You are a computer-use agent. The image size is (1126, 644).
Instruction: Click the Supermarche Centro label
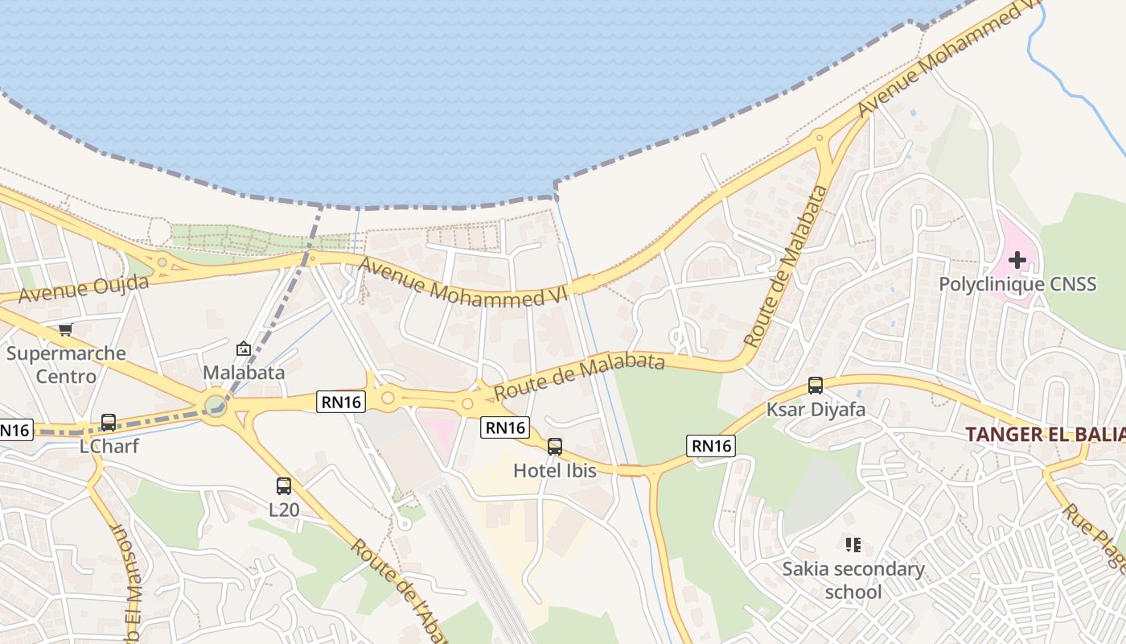point(66,365)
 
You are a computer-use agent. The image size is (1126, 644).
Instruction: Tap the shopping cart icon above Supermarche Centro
point(66,329)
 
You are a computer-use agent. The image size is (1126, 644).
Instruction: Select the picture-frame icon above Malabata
point(243,349)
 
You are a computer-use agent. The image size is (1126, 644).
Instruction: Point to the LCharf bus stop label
point(109,445)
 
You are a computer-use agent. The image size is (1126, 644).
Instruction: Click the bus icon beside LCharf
point(108,422)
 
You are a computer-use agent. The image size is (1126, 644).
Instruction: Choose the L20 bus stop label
point(284,510)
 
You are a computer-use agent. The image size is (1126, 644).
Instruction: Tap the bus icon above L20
point(284,486)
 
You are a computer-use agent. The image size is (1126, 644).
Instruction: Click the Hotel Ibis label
point(555,471)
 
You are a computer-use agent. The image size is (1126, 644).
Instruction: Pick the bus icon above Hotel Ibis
point(554,447)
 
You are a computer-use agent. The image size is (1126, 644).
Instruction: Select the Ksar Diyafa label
point(816,410)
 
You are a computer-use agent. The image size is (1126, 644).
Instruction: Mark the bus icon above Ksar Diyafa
point(816,386)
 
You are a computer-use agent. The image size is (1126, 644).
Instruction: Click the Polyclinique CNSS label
point(1017,284)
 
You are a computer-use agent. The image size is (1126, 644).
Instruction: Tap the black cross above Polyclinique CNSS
point(1017,260)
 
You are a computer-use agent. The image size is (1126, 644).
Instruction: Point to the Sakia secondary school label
point(853,580)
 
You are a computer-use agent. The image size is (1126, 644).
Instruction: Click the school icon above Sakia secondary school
point(853,545)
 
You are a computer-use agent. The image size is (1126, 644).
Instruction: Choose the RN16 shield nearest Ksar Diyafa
point(711,445)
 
